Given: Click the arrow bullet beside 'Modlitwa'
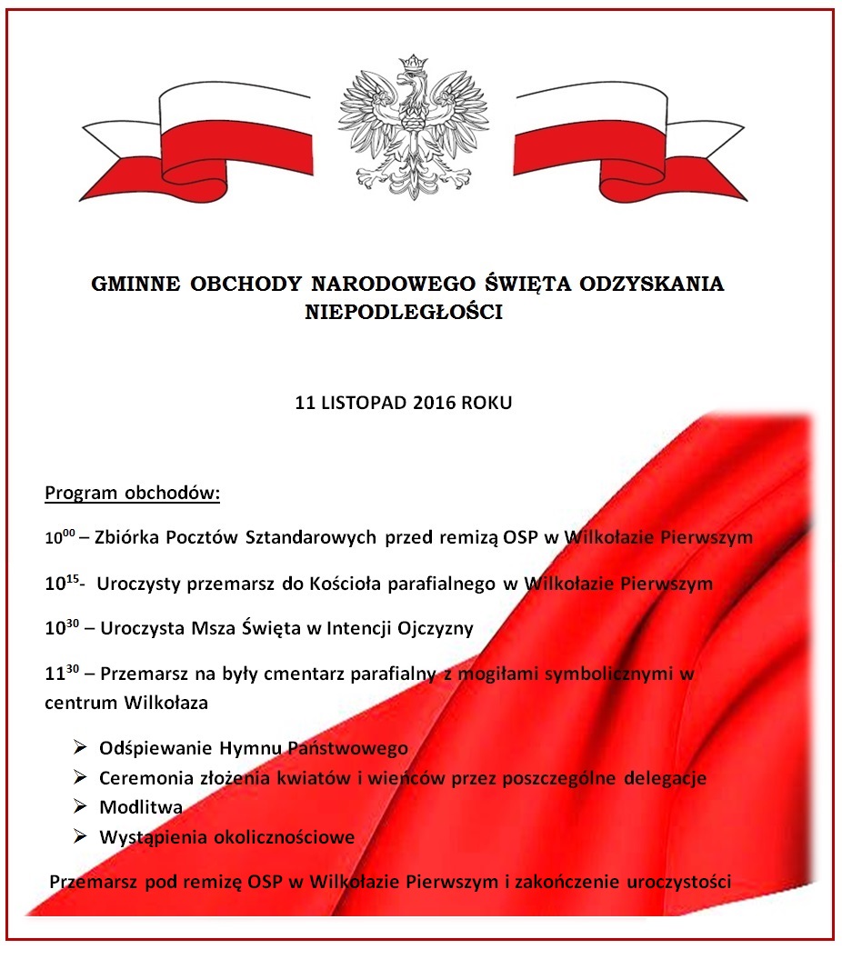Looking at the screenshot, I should pyautogui.click(x=80, y=806).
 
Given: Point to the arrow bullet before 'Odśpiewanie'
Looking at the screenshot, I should pyautogui.click(x=80, y=747).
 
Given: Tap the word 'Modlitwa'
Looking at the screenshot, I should pyautogui.click(x=141, y=807).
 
